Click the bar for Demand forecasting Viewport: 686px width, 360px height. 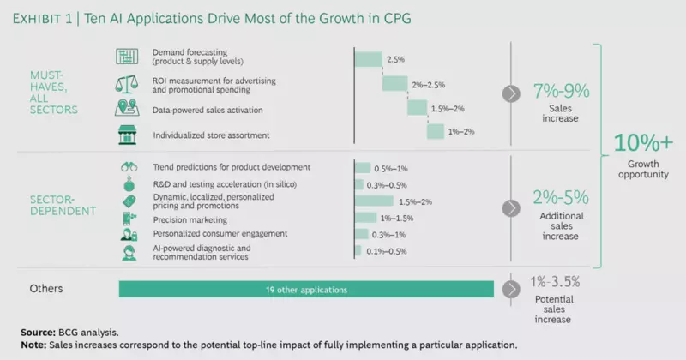369,59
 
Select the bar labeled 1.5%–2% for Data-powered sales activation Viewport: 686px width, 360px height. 417,108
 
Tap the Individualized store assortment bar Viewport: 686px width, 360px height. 435,131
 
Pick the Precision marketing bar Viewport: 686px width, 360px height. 366,219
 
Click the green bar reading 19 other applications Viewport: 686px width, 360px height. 305,290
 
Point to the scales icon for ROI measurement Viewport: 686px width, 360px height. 125,84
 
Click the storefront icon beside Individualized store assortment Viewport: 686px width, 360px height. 125,133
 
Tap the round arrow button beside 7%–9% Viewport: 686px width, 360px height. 512,94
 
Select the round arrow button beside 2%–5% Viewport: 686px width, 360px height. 512,208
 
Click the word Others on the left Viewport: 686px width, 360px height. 46,290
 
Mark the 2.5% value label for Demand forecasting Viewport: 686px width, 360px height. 395,60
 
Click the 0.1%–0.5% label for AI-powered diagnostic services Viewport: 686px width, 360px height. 385,250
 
